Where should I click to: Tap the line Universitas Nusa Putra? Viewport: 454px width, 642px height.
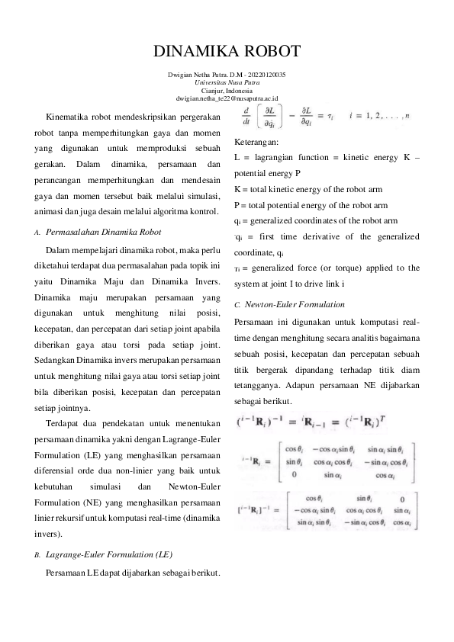227,82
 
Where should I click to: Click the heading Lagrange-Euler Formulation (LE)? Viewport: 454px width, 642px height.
111,557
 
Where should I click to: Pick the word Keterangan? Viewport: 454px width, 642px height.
256,142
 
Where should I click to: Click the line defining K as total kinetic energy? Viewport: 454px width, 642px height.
319,188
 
